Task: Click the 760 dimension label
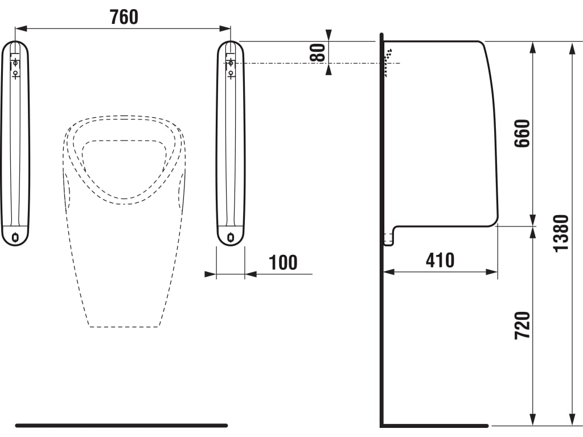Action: pos(124,17)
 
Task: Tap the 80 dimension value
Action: pos(318,52)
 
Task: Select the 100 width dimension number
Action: pos(283,263)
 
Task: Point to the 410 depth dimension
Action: pos(440,260)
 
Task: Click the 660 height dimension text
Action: pos(522,133)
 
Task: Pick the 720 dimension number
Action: pos(522,325)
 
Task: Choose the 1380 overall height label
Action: pos(561,234)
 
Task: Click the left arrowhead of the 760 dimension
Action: pos(21,28)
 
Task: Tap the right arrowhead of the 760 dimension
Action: pos(224,28)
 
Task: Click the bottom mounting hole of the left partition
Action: pos(15,237)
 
